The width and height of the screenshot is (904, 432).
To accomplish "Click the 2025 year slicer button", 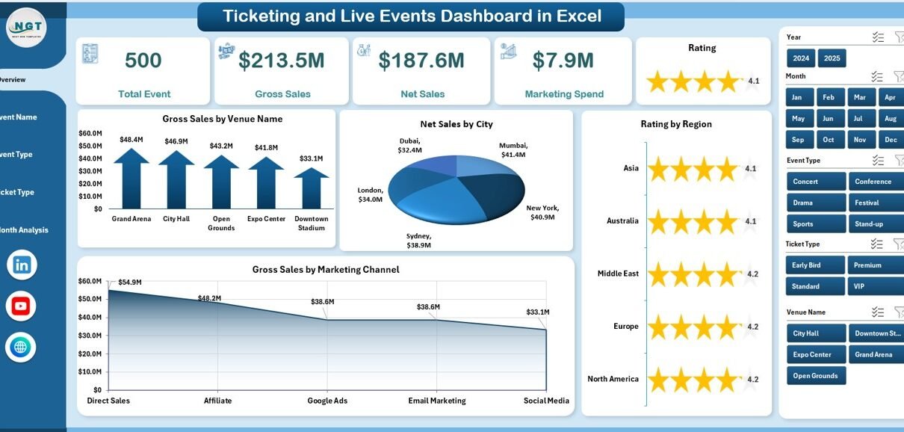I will [x=832, y=58].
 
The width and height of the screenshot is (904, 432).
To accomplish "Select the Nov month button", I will [x=860, y=140].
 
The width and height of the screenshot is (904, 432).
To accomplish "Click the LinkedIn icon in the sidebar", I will [x=21, y=265].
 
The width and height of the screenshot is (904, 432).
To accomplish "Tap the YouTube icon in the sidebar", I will [x=21, y=306].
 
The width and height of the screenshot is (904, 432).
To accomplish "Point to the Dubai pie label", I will [x=409, y=145].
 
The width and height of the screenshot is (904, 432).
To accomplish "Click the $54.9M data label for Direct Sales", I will [x=130, y=282].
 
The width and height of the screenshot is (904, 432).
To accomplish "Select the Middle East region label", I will [x=618, y=274].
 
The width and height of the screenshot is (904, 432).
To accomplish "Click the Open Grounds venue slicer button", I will [x=816, y=376].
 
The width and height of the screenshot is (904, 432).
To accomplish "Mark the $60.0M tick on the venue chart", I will [x=90, y=133].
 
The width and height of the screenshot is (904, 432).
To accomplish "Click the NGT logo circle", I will [x=26, y=28].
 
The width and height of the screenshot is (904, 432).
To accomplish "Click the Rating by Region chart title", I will [x=676, y=124].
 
